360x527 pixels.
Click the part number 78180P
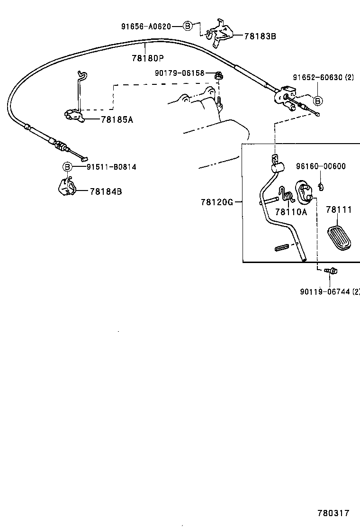coord(148,59)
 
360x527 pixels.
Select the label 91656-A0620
coord(145,27)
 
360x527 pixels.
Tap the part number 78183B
coord(260,36)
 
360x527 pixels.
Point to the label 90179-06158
coord(180,73)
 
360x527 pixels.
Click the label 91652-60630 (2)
coord(323,77)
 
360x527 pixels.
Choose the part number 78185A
coord(117,120)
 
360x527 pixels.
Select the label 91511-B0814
coord(111,167)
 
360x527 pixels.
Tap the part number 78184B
coord(106,191)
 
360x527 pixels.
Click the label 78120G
coord(217,202)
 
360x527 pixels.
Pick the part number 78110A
coord(291,212)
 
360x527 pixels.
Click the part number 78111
coord(339,209)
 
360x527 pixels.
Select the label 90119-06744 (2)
coord(330,291)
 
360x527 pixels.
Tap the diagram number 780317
coord(333,513)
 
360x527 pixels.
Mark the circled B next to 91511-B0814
coord(67,167)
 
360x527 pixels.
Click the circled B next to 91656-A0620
coord(188,27)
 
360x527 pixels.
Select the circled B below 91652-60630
coord(318,100)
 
